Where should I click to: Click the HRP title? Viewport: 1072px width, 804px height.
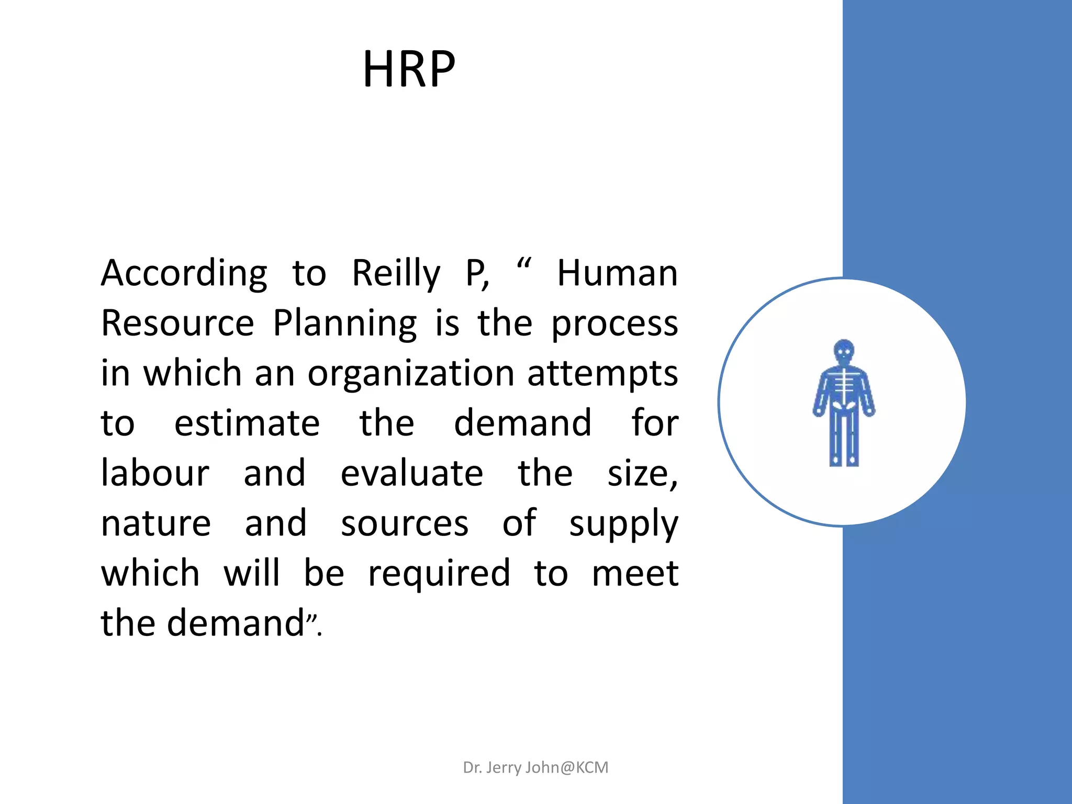coord(409,69)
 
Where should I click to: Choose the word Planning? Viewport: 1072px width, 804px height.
coord(345,324)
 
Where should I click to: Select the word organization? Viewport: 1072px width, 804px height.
coord(411,374)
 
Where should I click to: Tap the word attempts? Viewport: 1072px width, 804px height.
coord(602,374)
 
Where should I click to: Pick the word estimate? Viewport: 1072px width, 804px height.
coord(247,423)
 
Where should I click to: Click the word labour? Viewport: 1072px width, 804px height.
coord(155,473)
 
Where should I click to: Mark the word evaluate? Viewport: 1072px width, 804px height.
coord(412,473)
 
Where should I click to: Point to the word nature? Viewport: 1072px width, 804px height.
coord(156,523)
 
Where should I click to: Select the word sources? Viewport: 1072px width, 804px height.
coord(405,523)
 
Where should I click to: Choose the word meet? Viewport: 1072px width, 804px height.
coord(635,573)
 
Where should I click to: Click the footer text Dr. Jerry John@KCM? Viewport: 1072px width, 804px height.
coord(535,767)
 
